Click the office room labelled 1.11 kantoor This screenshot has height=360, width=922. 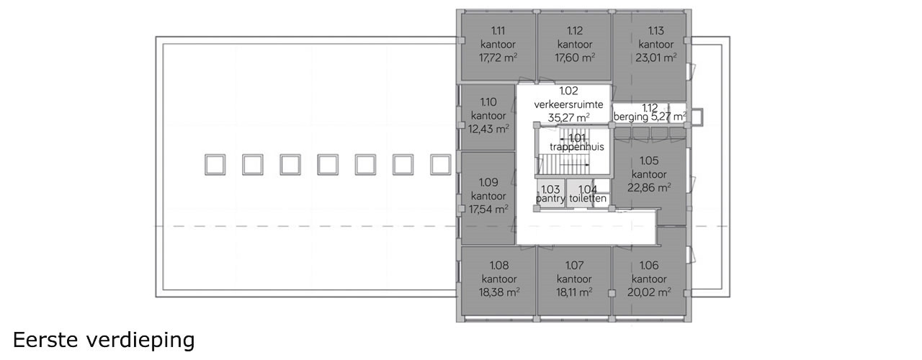point(498,47)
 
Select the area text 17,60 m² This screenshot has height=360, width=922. point(575,58)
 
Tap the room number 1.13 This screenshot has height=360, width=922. point(656,30)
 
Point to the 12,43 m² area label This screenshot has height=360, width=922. point(488,129)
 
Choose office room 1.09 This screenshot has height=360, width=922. point(488,198)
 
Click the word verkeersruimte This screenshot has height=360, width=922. point(568,104)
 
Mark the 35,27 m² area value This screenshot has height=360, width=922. point(568,117)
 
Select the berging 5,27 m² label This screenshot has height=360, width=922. point(650,117)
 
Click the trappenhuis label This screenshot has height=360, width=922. point(577,147)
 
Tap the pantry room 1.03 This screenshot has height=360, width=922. point(551,194)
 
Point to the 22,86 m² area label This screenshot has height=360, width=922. point(649,188)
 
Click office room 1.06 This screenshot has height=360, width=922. point(649,281)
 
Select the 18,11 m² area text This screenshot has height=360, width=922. point(574,292)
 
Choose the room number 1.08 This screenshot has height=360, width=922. point(499,266)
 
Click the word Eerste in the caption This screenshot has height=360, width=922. point(45,340)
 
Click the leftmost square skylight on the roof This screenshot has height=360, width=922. point(215,165)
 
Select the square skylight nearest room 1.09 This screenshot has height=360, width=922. point(440,165)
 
